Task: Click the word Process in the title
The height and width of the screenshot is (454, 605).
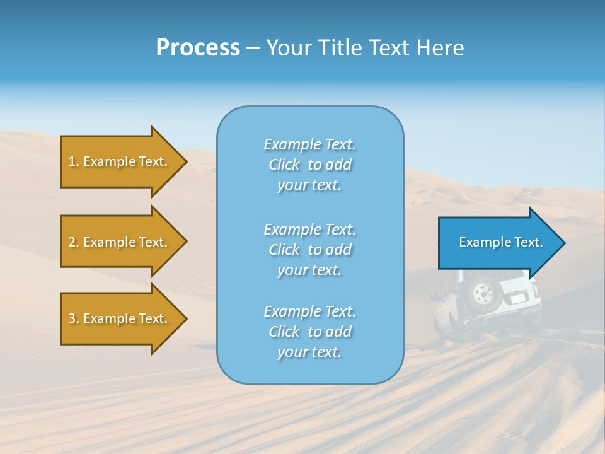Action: [198, 48]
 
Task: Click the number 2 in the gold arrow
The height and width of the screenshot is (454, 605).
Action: [72, 242]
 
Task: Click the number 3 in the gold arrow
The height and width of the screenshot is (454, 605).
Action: [72, 318]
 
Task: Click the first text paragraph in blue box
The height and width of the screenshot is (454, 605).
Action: [309, 165]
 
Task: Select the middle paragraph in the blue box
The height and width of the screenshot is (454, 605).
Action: [309, 250]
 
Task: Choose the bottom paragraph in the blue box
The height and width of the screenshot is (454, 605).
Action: [309, 332]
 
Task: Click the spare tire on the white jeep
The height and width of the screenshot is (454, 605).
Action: [483, 293]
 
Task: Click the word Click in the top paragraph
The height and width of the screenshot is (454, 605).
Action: [284, 165]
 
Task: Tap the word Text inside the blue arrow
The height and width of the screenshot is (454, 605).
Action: [529, 242]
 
